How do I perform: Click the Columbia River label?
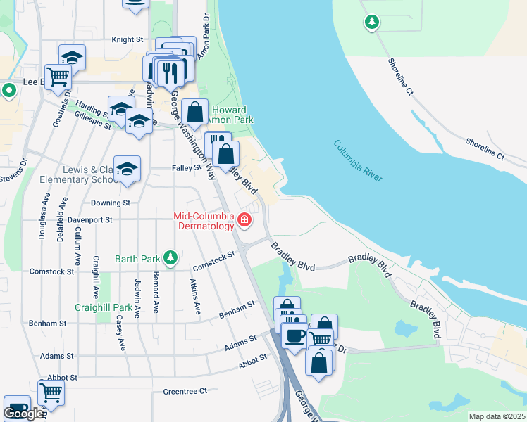(x=358, y=161)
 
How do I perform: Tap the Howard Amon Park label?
(x=230, y=115)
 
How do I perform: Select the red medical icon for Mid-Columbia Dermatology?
(x=244, y=220)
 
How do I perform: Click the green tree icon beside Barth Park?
(x=170, y=258)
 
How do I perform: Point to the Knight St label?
(x=128, y=40)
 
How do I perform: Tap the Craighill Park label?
(x=104, y=307)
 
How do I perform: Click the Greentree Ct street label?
(x=185, y=391)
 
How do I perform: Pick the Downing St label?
(x=111, y=203)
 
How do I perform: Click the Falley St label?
(x=187, y=168)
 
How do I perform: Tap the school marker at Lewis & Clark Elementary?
(x=128, y=169)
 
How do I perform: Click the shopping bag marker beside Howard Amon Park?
(x=194, y=112)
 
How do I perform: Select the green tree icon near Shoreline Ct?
(x=371, y=23)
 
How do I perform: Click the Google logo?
(x=23, y=414)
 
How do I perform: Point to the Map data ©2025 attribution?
(x=497, y=416)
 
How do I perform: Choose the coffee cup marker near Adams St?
(x=294, y=335)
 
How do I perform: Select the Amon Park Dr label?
(x=203, y=36)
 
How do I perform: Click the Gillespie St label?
(x=92, y=124)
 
